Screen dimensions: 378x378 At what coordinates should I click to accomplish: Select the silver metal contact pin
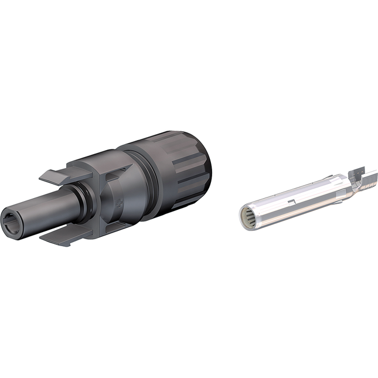[x=305, y=199]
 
